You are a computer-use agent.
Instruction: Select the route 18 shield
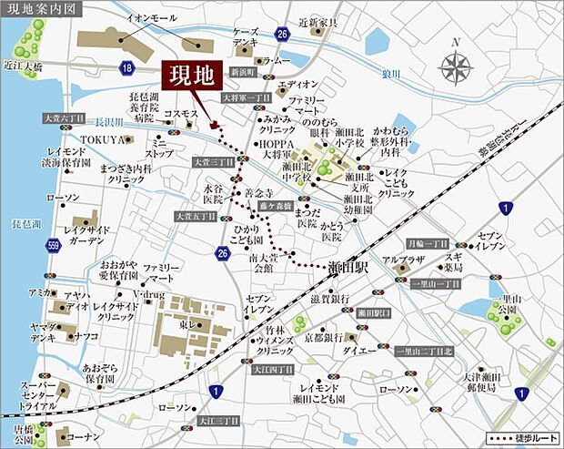126,68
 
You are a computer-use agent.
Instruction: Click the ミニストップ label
160,148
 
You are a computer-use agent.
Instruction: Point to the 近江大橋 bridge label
24,65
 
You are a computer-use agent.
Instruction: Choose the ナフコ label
87,335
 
